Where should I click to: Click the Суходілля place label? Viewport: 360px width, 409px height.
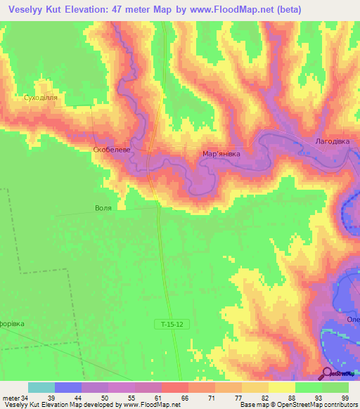[40, 98]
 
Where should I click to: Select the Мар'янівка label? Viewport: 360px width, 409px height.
[226, 152]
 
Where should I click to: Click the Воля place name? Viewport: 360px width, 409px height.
[103, 209]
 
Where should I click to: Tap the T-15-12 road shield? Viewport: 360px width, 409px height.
[172, 324]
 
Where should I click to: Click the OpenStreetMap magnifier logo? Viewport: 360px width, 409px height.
[326, 373]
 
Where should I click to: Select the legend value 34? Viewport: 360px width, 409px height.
[25, 398]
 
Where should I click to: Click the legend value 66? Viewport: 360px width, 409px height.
[184, 398]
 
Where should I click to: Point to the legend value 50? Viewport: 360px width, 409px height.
[104, 398]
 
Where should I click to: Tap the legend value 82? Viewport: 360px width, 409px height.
[264, 398]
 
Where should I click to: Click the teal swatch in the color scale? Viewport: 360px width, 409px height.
[41, 387]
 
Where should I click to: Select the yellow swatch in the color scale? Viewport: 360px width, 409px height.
[281, 387]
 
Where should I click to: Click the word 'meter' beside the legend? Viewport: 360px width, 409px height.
[11, 398]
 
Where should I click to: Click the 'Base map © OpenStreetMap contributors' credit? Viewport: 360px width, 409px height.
[298, 405]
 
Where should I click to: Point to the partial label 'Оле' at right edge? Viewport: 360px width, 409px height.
[352, 320]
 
